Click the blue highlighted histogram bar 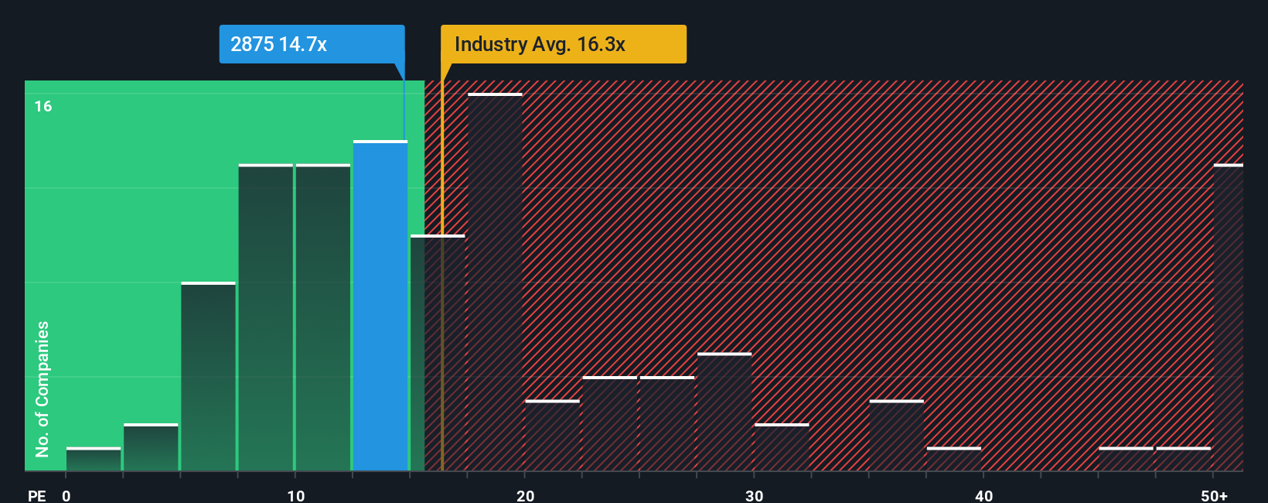[x=380, y=306]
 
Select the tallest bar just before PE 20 [x=495, y=282]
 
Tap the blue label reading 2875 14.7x [x=311, y=44]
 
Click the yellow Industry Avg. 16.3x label [x=563, y=44]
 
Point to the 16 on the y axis [x=43, y=106]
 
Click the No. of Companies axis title [x=43, y=388]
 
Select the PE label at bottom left [x=36, y=495]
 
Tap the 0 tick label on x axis [x=66, y=495]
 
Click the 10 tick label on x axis [x=296, y=495]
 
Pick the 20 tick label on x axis [x=525, y=495]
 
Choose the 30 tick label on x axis [x=755, y=495]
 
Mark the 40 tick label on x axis [x=983, y=495]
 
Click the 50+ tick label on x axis [x=1214, y=495]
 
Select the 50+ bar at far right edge [x=1228, y=317]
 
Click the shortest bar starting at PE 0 [x=94, y=459]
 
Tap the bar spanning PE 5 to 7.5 [x=208, y=377]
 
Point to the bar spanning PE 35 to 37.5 [x=896, y=436]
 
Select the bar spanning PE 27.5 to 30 [x=724, y=412]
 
